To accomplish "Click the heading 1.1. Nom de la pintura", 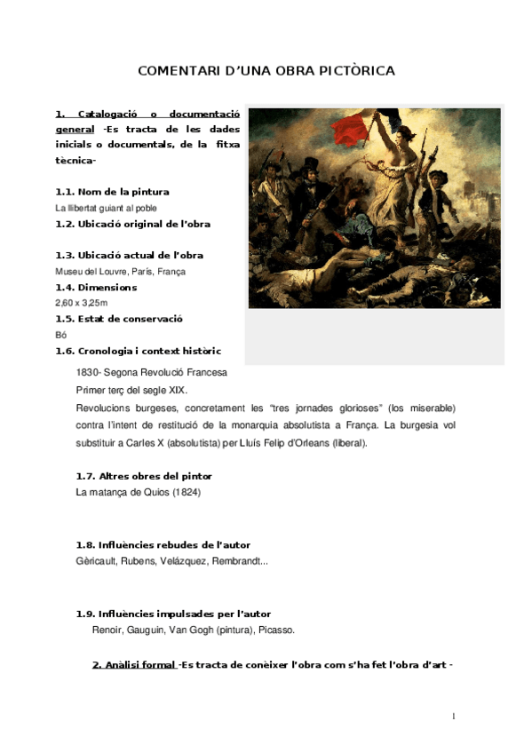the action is (112, 192).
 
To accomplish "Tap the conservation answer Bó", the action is (60, 335).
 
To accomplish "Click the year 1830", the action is (87, 372).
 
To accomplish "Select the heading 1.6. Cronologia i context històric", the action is (138, 351).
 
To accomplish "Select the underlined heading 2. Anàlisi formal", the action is (134, 665).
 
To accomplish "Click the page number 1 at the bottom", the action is (454, 716).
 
